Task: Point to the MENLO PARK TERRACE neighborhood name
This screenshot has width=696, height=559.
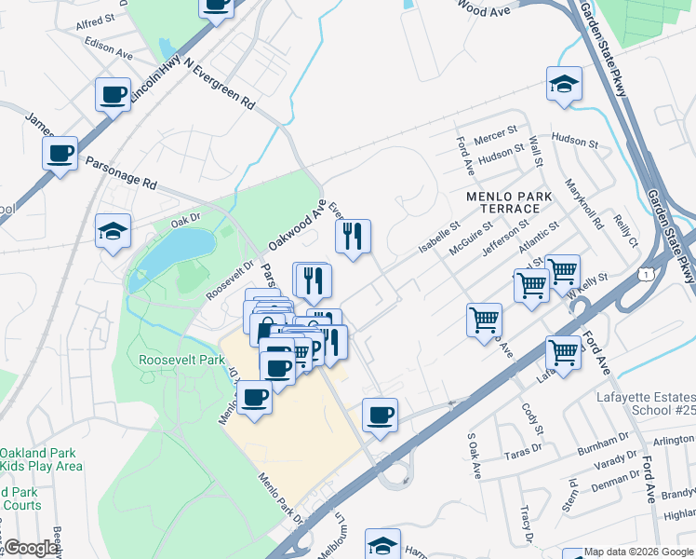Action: tap(511, 204)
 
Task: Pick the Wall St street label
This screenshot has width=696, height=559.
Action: tap(536, 151)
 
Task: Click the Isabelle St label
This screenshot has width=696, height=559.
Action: tap(439, 237)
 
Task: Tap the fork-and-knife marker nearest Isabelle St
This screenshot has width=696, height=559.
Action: tap(352, 237)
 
